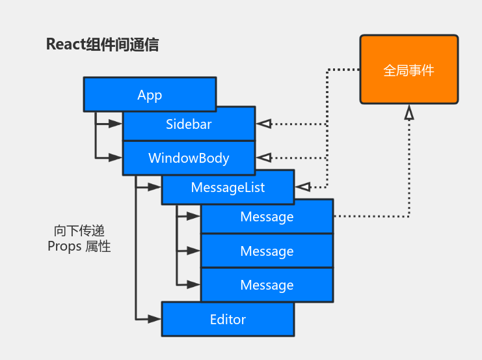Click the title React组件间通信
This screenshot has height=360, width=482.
(x=102, y=45)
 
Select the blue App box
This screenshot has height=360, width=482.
(x=150, y=95)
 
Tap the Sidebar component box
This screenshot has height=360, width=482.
(x=189, y=124)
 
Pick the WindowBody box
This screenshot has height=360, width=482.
(x=189, y=158)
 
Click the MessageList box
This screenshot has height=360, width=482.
(x=228, y=187)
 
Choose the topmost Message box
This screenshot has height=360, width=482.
(x=267, y=217)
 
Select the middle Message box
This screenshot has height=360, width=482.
(x=267, y=251)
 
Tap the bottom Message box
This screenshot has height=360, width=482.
(x=267, y=285)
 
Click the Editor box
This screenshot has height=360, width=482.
(x=228, y=319)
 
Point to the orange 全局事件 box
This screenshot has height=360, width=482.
(x=409, y=70)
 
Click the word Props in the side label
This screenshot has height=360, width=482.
(x=65, y=247)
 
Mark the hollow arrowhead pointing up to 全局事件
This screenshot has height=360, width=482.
(x=408, y=113)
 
